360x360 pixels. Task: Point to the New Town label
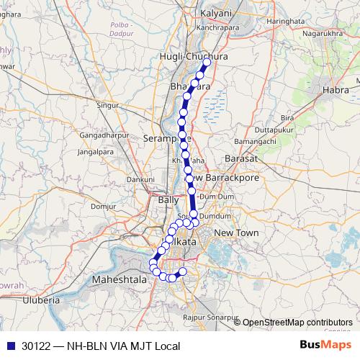coord(236,233)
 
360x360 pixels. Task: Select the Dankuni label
coord(138,179)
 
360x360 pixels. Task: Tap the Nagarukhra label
coord(322,32)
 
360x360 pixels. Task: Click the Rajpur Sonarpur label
coord(211,317)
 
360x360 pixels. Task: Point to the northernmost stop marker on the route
coord(207,63)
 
